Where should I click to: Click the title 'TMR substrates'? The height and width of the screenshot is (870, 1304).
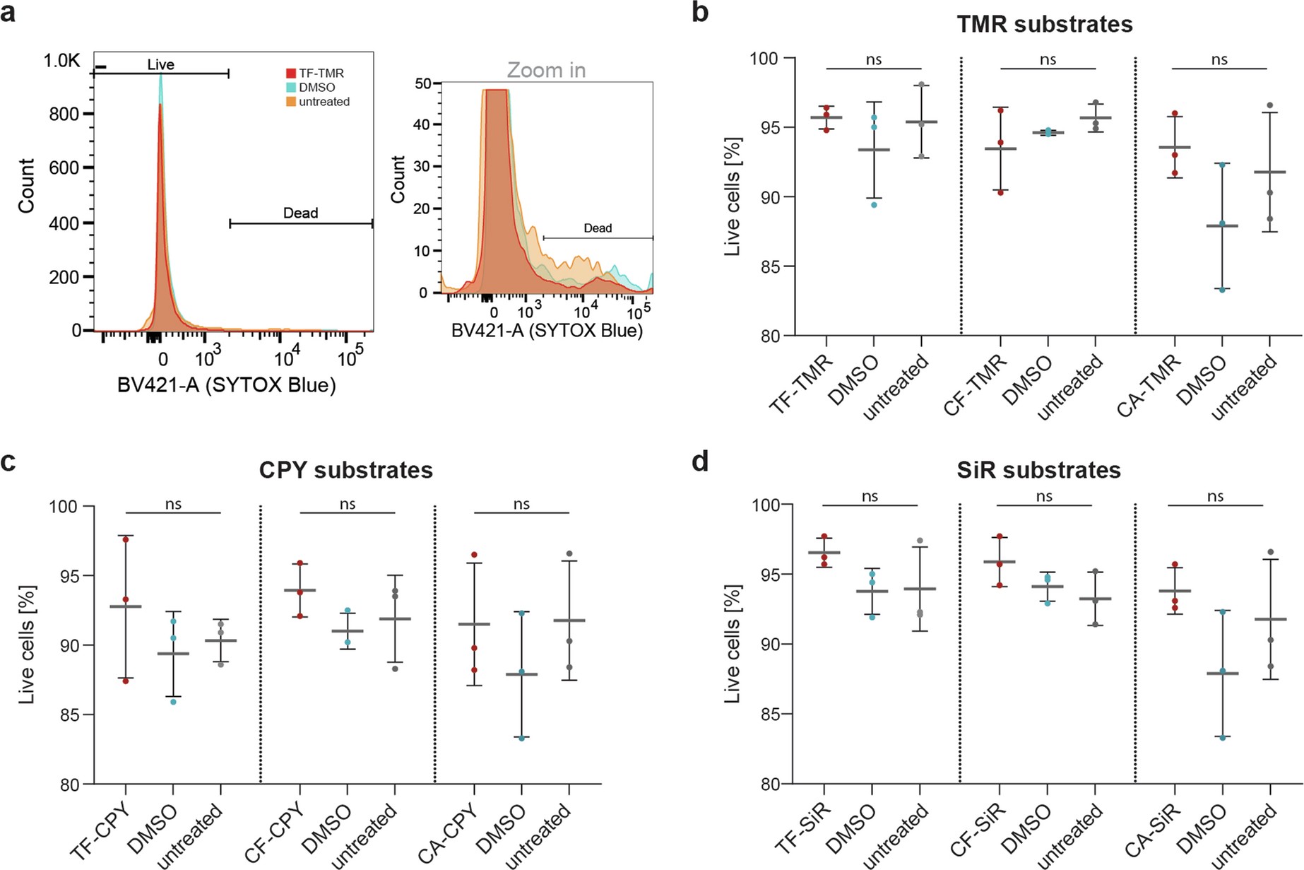(x=1044, y=24)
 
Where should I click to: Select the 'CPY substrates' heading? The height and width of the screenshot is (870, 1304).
(x=345, y=470)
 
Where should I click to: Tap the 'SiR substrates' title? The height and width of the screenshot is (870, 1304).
(x=1038, y=470)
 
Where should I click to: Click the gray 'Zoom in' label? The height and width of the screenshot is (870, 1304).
(x=546, y=70)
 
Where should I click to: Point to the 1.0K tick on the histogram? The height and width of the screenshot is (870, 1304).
(x=61, y=61)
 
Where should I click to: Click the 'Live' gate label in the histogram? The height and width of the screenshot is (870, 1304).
(x=160, y=64)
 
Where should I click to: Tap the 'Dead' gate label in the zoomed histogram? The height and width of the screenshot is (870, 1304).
(x=598, y=228)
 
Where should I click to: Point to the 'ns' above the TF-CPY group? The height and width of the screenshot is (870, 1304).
(x=173, y=504)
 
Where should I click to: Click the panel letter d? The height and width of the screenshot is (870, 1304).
(x=699, y=461)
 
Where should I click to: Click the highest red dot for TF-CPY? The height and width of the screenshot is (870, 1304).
(x=126, y=539)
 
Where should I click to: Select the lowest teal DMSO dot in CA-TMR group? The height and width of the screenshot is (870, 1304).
(x=1222, y=289)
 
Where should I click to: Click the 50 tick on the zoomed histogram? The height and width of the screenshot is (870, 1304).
(x=424, y=83)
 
